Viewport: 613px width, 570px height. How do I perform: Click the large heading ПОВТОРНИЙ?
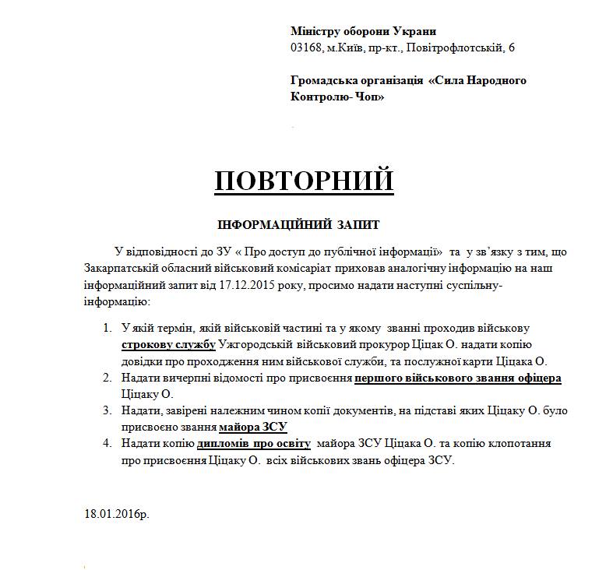tap(304, 180)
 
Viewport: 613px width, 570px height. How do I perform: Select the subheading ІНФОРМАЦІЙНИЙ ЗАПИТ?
tap(298, 225)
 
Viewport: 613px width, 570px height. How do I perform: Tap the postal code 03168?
tap(304, 47)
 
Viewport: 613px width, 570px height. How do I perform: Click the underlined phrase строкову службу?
tap(167, 345)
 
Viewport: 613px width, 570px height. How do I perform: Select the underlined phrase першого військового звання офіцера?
tap(458, 378)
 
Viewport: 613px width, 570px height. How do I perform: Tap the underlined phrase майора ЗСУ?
tap(254, 426)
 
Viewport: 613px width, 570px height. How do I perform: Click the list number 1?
tap(107, 329)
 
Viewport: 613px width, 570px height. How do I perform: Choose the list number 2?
tap(107, 378)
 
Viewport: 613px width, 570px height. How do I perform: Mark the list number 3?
tap(107, 410)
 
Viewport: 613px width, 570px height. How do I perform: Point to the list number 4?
tap(107, 443)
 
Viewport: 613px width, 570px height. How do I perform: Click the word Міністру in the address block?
tap(315, 31)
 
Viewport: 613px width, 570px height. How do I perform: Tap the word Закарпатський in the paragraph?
tap(122, 269)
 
